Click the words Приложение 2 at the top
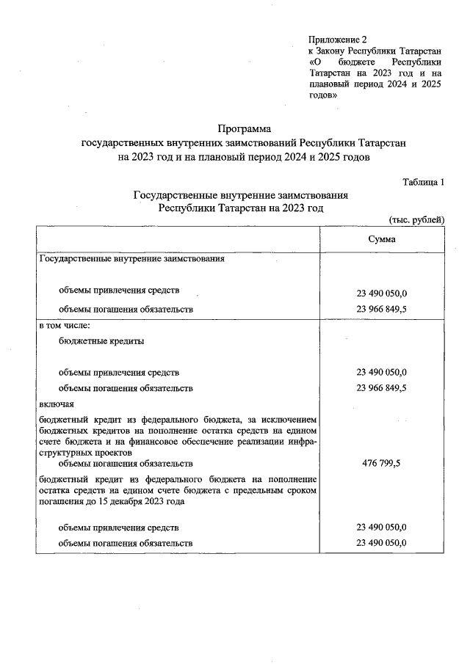coord(337,39)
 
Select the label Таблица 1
coord(424,182)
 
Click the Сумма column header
coord(382,240)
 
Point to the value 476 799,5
coord(382,464)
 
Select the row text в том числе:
coord(64,324)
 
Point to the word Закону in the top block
coord(336,51)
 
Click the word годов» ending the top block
coord(323,95)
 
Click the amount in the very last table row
coord(382,543)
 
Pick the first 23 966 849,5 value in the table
coord(382,309)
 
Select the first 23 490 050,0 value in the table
coord(382,293)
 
